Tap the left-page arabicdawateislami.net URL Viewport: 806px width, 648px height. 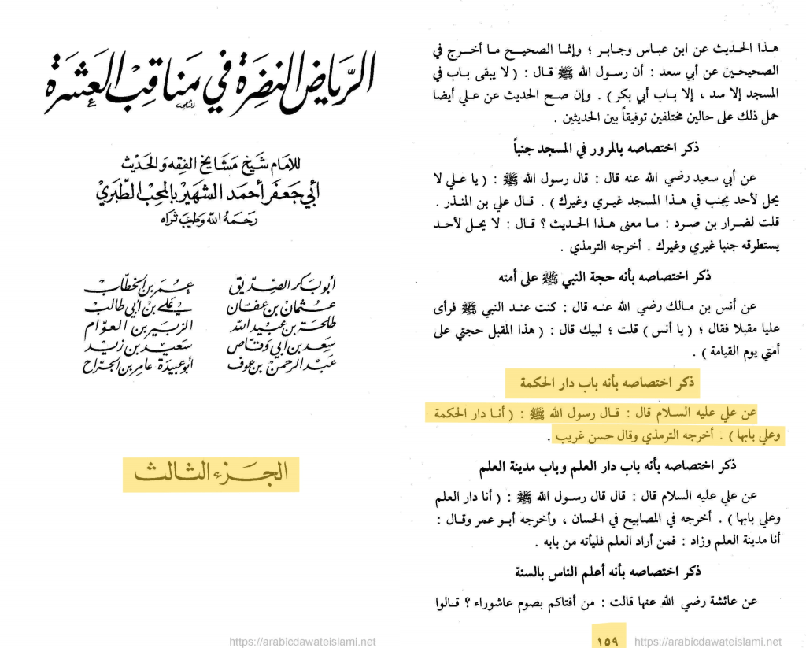(x=302, y=641)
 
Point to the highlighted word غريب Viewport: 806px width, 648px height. (x=572, y=436)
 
